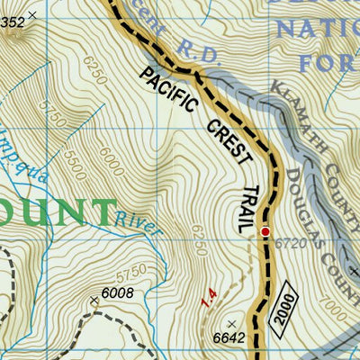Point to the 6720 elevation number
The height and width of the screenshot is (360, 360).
286,242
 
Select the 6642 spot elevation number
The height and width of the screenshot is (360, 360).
229,337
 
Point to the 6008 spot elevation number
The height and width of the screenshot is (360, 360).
117,292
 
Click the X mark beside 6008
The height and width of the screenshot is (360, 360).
94,299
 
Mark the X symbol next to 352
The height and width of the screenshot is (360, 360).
33,15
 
